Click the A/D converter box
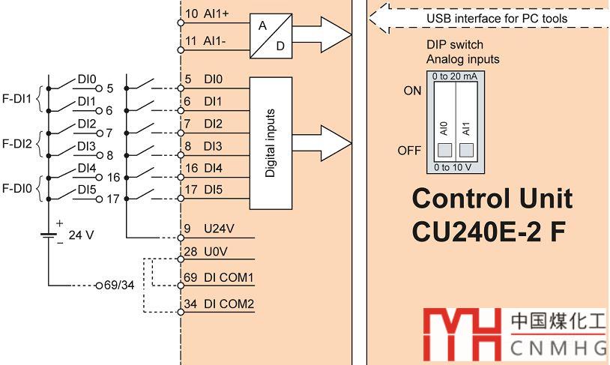coord(271,34)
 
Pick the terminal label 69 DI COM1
coord(219,277)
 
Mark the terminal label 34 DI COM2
coord(219,304)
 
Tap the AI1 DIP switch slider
coord(465,151)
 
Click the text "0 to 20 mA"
coord(454,76)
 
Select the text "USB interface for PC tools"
coord(497,18)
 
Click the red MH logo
coord(460,332)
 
